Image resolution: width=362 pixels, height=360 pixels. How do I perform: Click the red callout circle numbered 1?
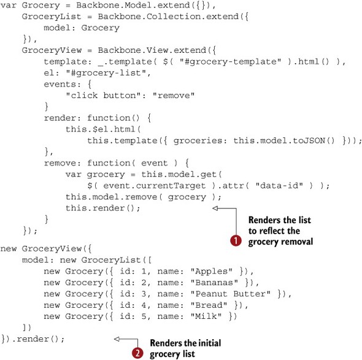point(236,240)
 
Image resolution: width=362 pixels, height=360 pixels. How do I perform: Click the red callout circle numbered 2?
point(137,353)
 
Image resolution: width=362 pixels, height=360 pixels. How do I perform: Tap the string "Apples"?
point(211,271)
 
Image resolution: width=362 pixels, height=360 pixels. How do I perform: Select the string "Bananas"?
point(214,283)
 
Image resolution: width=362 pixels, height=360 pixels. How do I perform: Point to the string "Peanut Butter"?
point(230,294)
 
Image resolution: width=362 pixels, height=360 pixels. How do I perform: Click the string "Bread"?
point(209,305)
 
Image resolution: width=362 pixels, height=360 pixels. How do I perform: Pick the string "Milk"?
point(206,316)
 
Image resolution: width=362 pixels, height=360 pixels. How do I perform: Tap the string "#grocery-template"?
point(231,61)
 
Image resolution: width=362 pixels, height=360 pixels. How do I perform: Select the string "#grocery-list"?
point(106,73)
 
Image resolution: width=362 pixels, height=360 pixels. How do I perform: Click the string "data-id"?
point(279,186)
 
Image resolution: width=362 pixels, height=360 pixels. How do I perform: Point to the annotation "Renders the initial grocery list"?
point(185,348)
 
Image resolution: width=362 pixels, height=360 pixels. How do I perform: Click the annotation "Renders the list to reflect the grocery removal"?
point(280,231)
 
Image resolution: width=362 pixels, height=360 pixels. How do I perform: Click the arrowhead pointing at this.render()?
point(215,208)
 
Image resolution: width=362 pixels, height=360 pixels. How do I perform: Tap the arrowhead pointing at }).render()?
point(117,339)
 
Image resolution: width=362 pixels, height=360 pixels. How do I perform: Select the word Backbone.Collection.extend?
point(168,17)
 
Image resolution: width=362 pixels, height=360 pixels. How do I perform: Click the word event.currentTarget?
point(154,186)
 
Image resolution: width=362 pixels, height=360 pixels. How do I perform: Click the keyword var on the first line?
point(9,6)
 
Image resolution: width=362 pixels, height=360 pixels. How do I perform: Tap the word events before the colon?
point(60,84)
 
